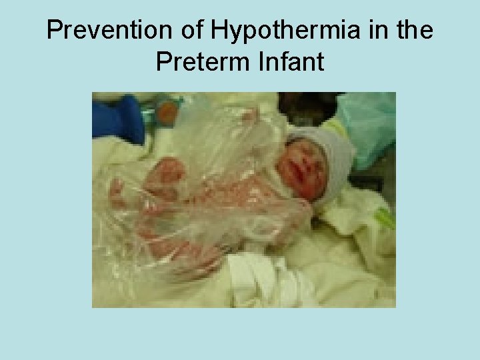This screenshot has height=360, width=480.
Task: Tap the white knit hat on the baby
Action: point(327,150)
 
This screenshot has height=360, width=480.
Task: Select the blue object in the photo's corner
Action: point(118,119)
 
